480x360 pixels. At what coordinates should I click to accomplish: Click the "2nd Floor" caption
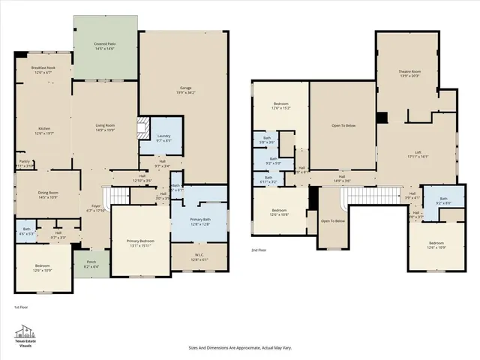tap(259, 250)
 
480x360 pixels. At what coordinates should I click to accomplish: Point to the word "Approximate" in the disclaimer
tap(235, 348)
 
